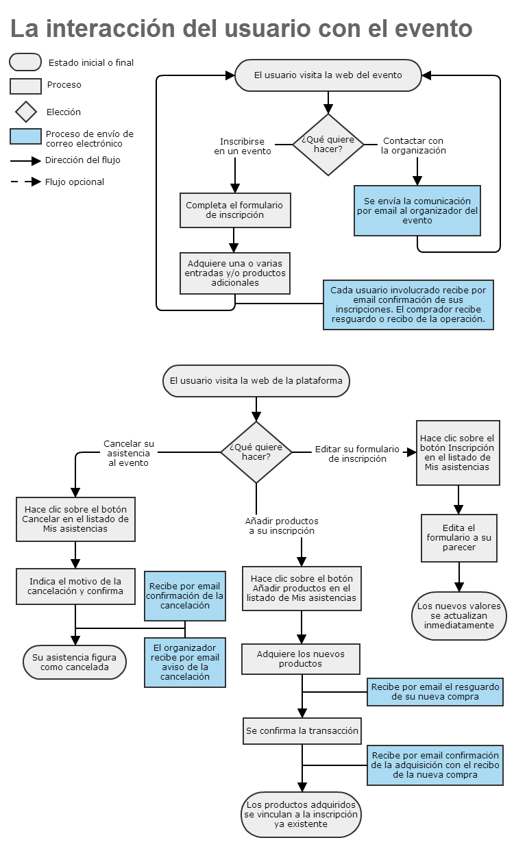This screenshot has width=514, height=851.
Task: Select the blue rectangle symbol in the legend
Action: pyautogui.click(x=25, y=136)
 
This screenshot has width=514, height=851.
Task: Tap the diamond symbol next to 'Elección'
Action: pyautogui.click(x=26, y=112)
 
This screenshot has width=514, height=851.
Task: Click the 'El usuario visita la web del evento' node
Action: pyautogui.click(x=328, y=75)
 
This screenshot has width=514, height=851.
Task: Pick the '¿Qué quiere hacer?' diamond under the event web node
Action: pyautogui.click(x=328, y=145)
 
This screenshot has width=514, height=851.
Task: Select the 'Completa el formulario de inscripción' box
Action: pyautogui.click(x=235, y=210)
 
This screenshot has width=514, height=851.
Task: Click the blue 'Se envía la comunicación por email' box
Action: pyautogui.click(x=417, y=211)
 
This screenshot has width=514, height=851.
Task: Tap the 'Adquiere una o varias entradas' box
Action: pyautogui.click(x=235, y=273)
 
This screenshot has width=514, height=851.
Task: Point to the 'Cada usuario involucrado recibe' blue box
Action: pyautogui.click(x=408, y=305)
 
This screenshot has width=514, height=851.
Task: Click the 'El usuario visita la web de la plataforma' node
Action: pyautogui.click(x=256, y=381)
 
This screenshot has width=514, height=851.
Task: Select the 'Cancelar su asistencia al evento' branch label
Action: pyautogui.click(x=129, y=453)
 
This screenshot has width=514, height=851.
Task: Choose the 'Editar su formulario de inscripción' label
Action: pyautogui.click(x=357, y=454)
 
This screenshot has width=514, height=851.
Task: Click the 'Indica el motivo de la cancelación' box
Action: pyautogui.click(x=75, y=587)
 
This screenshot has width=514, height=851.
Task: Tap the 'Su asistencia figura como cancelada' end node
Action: pyautogui.click(x=75, y=662)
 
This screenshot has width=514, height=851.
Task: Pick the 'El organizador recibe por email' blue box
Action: pyautogui.click(x=185, y=662)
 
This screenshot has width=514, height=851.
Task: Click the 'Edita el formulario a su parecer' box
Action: pyautogui.click(x=459, y=538)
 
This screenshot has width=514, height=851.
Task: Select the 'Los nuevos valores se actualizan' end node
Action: pyautogui.click(x=459, y=616)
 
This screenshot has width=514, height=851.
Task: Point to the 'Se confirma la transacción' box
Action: pyautogui.click(x=302, y=731)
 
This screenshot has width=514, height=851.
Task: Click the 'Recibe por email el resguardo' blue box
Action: pyautogui.click(x=435, y=692)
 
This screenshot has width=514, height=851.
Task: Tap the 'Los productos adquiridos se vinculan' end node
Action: pyautogui.click(x=301, y=815)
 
